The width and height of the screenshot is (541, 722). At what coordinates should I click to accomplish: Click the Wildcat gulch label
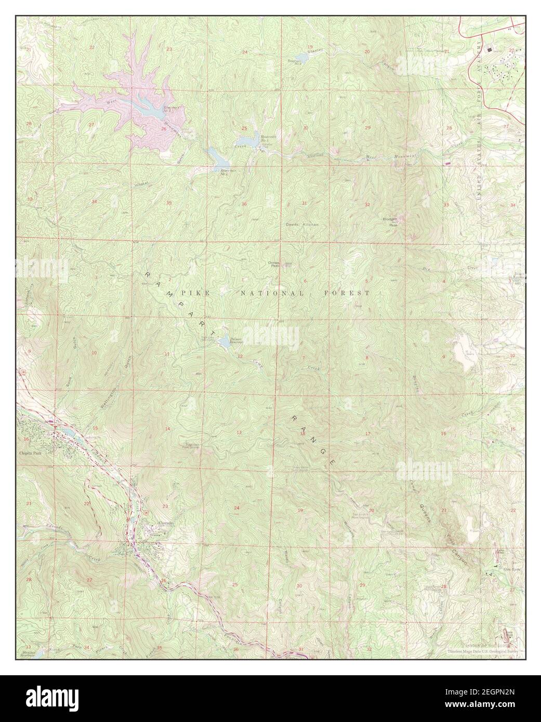coord(141,184)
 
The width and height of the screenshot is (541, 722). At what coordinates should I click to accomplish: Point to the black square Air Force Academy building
coord(489,49)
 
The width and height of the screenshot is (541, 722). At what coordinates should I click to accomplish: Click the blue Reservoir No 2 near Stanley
coord(300,57)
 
